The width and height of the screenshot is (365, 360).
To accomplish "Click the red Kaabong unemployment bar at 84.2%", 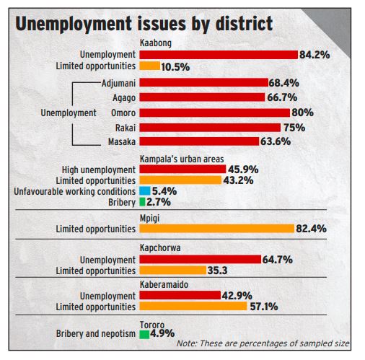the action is (219, 55).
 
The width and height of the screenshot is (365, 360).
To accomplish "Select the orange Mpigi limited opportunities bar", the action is (217, 229).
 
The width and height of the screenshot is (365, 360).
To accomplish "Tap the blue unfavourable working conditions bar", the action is (145, 191).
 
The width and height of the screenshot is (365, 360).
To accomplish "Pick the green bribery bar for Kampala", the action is (142, 202).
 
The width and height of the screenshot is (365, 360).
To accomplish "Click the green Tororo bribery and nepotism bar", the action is (144, 335).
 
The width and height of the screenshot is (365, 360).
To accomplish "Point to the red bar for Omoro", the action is (215, 113).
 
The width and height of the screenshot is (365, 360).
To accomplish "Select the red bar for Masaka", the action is (199, 141).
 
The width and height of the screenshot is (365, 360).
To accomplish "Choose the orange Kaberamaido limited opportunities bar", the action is (193, 306).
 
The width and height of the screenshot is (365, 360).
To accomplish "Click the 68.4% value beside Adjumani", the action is (284, 83).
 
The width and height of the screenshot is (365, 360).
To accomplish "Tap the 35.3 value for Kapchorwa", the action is (217, 271).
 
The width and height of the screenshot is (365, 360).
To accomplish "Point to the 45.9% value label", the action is (243, 170).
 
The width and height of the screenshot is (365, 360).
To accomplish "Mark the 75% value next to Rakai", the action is (294, 128).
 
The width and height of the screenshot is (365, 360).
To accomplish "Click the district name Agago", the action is (124, 98).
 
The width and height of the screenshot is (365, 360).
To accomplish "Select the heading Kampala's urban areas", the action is (182, 159).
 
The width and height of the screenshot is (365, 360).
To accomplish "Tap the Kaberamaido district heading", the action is (164, 284).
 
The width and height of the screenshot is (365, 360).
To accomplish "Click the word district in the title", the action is (244, 24).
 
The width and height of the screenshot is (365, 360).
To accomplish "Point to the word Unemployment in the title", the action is (74, 25).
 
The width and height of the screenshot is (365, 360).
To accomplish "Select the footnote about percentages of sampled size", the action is (263, 343).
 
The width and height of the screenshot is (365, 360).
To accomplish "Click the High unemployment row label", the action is (99, 170).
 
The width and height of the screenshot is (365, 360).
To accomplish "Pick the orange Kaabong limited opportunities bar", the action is (150, 66).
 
